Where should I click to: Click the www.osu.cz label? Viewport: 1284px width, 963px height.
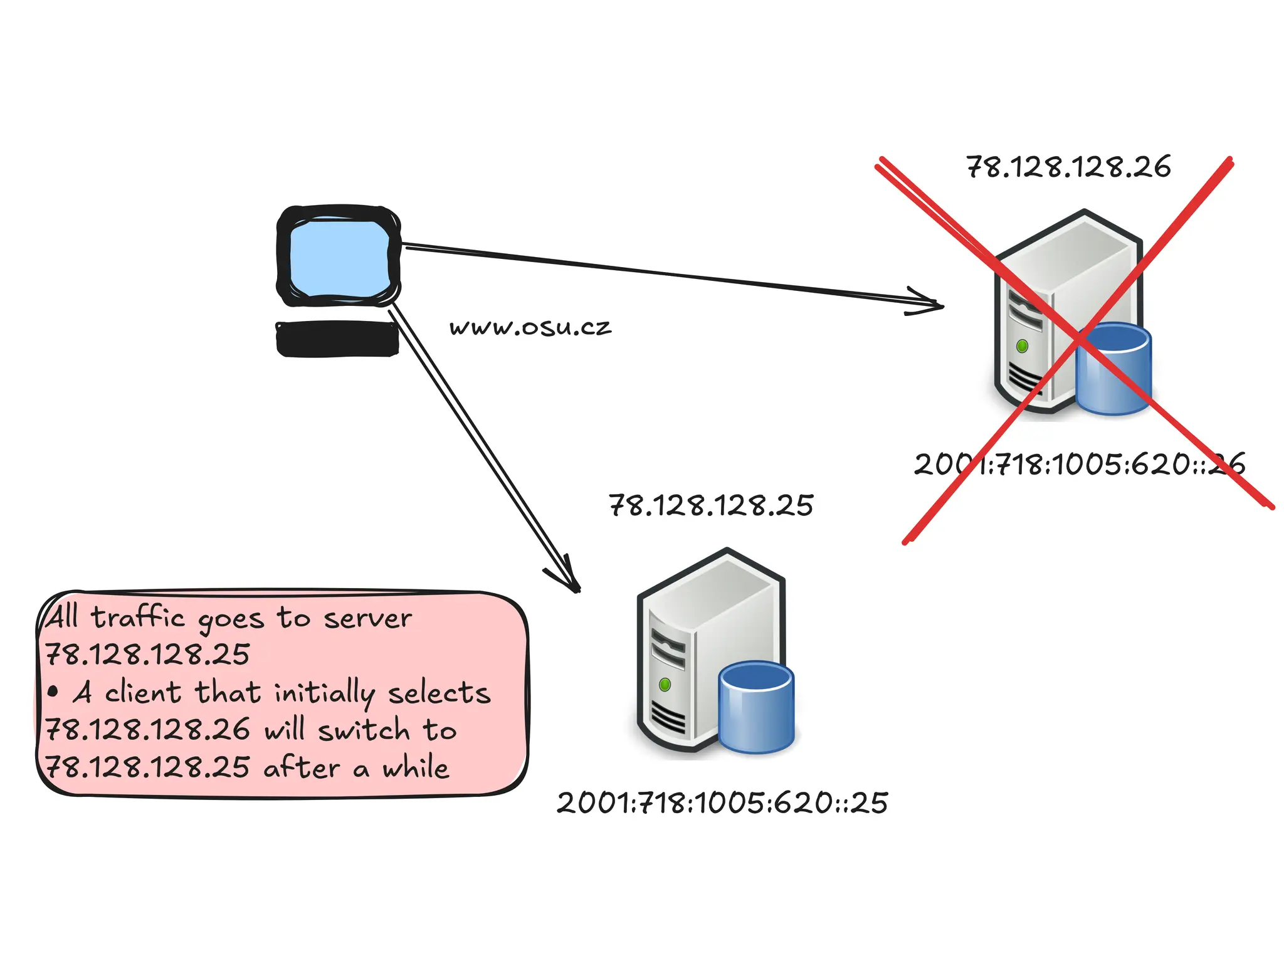coord(530,327)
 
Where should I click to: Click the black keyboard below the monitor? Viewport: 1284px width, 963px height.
coord(337,339)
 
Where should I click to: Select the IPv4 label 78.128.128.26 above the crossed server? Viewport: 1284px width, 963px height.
coord(1068,167)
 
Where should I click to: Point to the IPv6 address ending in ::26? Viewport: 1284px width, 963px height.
coord(1079,465)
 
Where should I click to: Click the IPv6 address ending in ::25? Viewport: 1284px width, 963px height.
coord(722,803)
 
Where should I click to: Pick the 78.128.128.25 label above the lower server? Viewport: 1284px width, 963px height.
coord(711,506)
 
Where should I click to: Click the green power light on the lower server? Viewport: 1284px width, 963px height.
coord(665,685)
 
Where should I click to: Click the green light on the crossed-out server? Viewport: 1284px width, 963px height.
coord(1022,346)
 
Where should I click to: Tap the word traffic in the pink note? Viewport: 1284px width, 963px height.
coord(138,618)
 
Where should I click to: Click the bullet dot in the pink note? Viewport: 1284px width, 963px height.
coord(53,693)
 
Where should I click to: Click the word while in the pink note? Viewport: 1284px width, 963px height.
coord(416,767)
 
